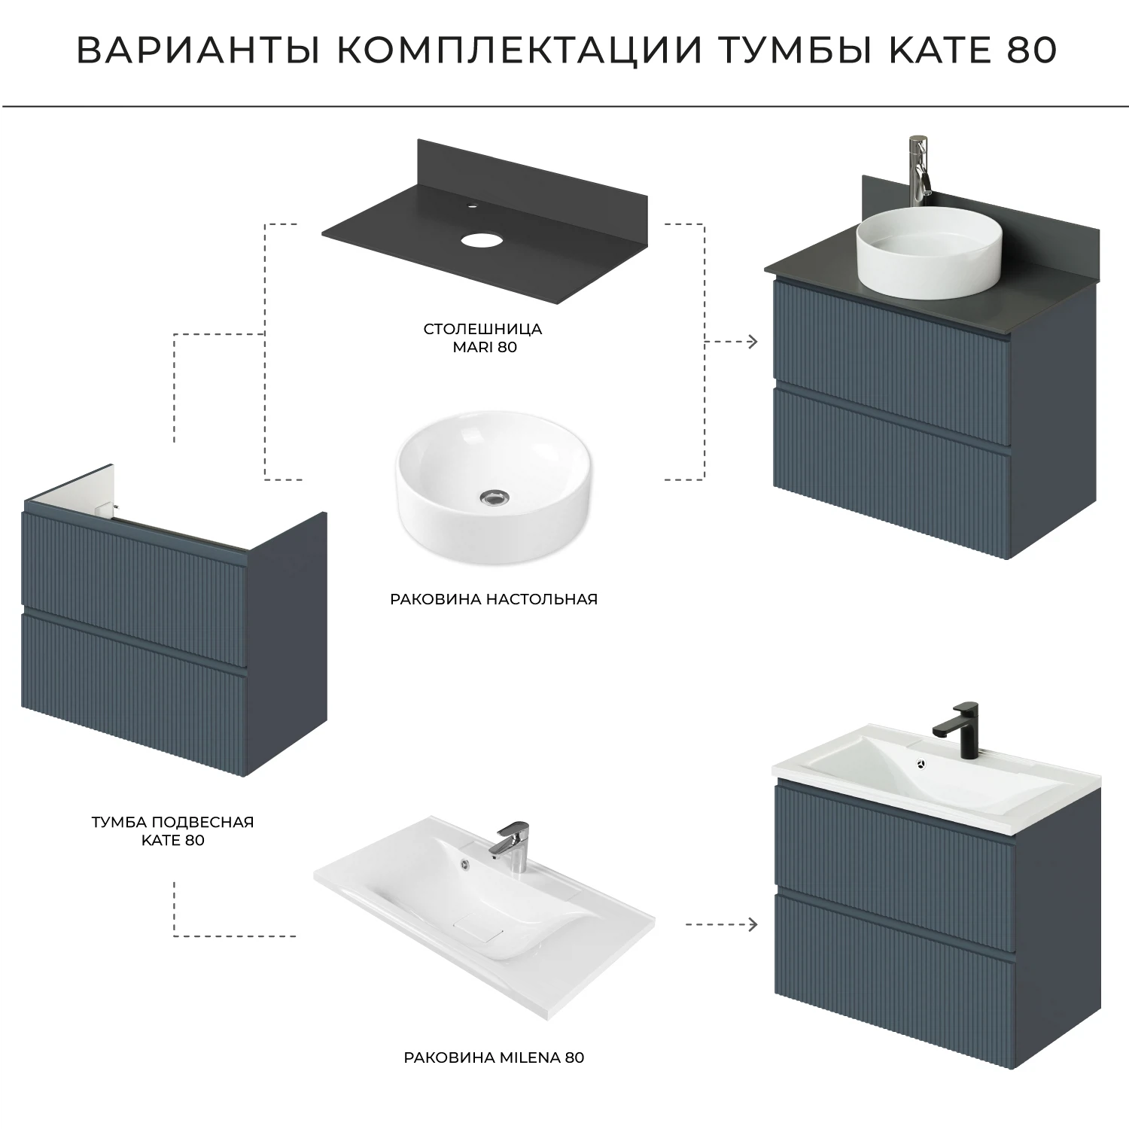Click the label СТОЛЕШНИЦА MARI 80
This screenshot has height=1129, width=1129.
[x=483, y=338]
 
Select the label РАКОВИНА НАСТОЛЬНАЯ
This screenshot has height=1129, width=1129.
[x=494, y=599]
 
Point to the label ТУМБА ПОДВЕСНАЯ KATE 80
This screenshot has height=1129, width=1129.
[x=173, y=831]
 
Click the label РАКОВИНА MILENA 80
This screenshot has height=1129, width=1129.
[x=494, y=1057]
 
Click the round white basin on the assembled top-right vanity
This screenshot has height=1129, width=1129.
[x=911, y=253]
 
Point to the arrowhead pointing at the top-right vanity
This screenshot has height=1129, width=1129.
[x=752, y=342]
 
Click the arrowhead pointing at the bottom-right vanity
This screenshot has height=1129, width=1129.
[x=752, y=924]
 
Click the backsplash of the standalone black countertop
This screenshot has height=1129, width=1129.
[x=527, y=173]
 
